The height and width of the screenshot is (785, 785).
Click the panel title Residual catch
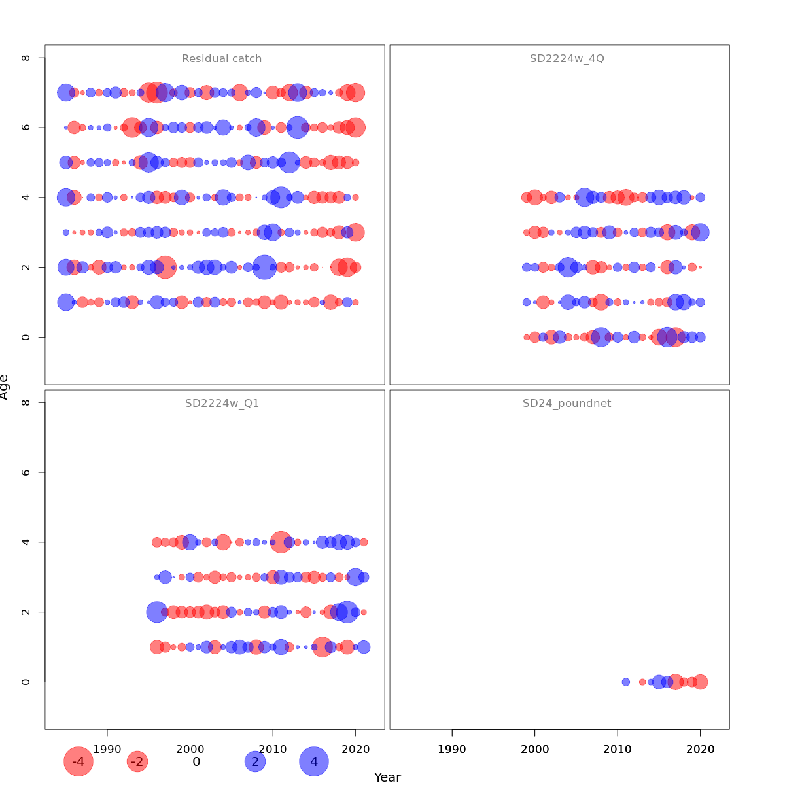pos(222,59)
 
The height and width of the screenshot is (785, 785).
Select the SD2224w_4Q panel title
pos(567,59)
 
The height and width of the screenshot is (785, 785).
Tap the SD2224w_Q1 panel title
pos(222,404)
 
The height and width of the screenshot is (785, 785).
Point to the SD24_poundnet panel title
pos(567,404)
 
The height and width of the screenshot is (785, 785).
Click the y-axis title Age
pos(5,387)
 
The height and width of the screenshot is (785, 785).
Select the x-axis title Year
pos(387,777)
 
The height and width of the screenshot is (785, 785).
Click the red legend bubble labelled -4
pos(78,761)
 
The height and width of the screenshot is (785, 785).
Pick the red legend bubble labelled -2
pos(137,761)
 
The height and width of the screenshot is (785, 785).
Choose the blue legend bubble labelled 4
pos(314,761)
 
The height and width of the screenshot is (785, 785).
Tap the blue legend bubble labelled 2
pos(255,761)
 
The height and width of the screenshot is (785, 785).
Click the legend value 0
pos(196,761)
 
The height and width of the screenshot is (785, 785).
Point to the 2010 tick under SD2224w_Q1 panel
pos(273,749)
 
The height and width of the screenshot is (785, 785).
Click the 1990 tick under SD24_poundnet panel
pos(452,749)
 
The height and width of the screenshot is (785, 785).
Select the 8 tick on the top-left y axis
pos(26,58)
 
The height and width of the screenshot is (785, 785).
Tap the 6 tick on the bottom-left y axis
pos(26,472)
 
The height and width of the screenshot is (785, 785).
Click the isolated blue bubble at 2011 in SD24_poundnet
pos(625,682)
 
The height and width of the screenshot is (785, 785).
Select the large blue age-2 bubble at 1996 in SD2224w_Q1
pos(156,612)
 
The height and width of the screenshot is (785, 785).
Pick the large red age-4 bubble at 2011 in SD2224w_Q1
pos(281,542)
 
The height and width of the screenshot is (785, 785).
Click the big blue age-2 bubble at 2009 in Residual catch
pos(264,267)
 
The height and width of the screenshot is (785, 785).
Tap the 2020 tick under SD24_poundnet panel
pos(700,749)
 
